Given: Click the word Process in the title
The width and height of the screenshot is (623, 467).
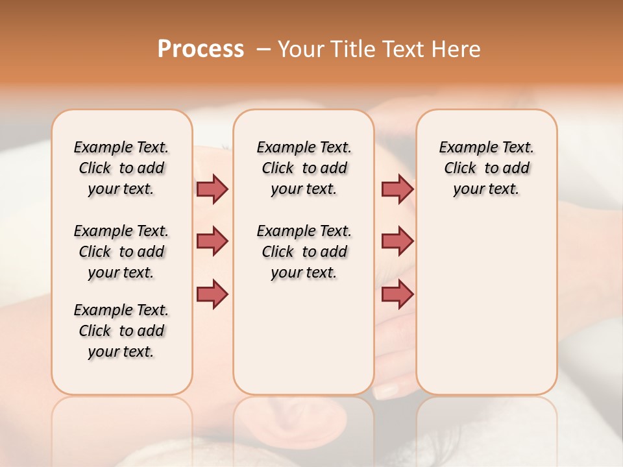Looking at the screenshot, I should (x=201, y=49).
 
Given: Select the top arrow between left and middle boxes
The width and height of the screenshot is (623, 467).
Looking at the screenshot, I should (x=212, y=189).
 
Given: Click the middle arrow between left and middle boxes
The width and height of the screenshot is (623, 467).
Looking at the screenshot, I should (x=212, y=241).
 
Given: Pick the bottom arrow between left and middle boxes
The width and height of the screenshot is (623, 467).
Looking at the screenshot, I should (x=212, y=294).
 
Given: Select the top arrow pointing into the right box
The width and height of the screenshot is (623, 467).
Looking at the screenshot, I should (x=397, y=189).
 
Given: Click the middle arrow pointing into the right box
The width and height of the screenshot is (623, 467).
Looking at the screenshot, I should (x=397, y=241).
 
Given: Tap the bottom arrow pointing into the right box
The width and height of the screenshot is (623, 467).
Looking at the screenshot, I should (x=397, y=294).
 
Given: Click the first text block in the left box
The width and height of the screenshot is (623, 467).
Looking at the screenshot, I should (x=121, y=168).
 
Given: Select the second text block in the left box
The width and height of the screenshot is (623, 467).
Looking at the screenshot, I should (x=121, y=252).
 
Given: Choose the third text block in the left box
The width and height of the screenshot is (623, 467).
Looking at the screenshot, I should (x=121, y=331).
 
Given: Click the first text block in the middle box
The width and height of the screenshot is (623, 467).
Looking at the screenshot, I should (x=304, y=168).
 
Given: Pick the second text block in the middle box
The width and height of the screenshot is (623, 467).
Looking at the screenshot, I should (x=304, y=252).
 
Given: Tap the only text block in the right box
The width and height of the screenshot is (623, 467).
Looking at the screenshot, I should (x=487, y=168).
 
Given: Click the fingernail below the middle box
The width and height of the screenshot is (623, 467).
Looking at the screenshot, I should (x=387, y=390).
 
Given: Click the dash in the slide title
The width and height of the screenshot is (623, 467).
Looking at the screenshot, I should (x=262, y=49).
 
